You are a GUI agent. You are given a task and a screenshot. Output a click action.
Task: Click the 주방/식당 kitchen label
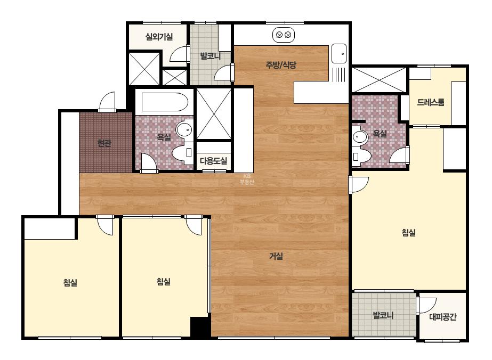[281, 65]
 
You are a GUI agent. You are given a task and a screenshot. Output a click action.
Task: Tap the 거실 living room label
[276, 256]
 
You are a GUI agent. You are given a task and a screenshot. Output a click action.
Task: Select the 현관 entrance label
[104, 143]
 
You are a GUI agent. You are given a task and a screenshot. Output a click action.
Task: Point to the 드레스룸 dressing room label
[431, 102]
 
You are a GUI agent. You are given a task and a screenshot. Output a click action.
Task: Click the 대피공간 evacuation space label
[442, 317]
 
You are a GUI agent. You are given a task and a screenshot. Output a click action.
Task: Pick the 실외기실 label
[159, 37]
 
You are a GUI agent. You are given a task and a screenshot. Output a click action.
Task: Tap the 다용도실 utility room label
[213, 161]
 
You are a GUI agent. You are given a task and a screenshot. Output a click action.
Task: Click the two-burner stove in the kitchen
[284, 35]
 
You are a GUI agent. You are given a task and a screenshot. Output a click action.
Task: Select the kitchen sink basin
[339, 54]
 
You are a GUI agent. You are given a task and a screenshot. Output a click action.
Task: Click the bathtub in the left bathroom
[165, 102]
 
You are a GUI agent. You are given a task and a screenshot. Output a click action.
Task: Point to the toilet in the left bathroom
[183, 153]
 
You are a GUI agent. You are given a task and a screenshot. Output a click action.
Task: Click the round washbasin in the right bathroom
[360, 137]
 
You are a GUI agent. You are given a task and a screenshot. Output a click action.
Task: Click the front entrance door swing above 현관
[107, 101]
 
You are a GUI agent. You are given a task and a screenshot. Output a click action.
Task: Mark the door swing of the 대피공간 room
[427, 305]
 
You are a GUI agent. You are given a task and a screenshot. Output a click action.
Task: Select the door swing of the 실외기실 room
[180, 54]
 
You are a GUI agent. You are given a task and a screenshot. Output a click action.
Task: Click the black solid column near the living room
[200, 327]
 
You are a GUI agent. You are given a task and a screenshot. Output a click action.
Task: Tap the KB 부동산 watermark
[247, 179]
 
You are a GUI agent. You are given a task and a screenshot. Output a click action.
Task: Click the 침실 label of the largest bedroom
[408, 233]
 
